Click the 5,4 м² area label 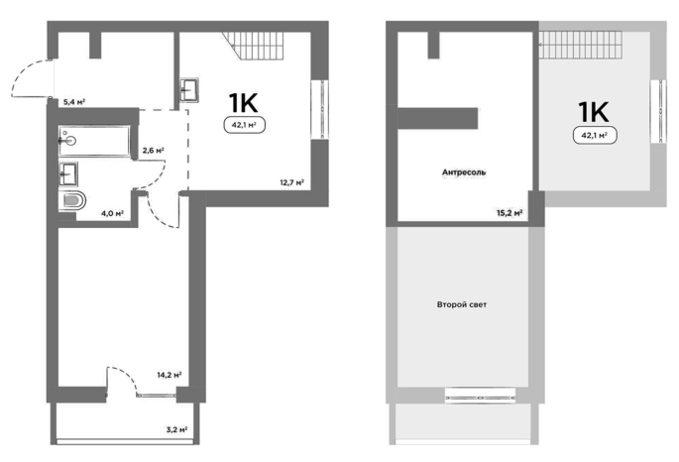73,102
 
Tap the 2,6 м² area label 154,151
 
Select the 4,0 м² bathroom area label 113,212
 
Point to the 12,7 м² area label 291,182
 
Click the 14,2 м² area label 169,375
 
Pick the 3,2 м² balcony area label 176,430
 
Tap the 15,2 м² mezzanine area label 509,212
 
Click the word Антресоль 464,172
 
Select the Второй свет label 462,304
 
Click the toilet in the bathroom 72,201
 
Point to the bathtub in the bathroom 94,141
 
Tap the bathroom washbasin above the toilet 68,174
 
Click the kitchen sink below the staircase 189,90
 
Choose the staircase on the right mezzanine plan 580,45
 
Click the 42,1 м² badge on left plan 244,125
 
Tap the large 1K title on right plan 594,112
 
